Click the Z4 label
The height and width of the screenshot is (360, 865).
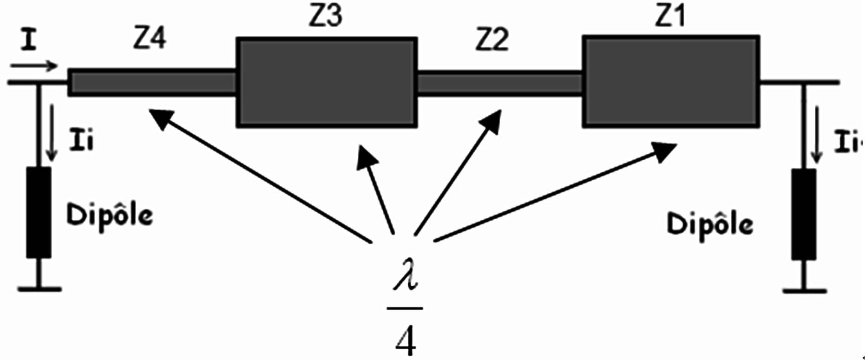click(150, 39)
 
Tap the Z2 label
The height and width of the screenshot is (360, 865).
click(492, 40)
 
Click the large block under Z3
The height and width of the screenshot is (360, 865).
click(327, 82)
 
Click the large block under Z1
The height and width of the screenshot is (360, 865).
click(670, 81)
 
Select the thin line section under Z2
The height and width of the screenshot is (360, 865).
click(499, 84)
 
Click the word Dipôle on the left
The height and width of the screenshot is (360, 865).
click(110, 215)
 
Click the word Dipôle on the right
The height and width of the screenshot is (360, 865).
click(710, 225)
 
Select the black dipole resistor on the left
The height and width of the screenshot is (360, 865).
click(39, 212)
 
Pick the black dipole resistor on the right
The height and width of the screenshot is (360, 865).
click(803, 214)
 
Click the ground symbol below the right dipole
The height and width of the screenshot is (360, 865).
click(804, 290)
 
